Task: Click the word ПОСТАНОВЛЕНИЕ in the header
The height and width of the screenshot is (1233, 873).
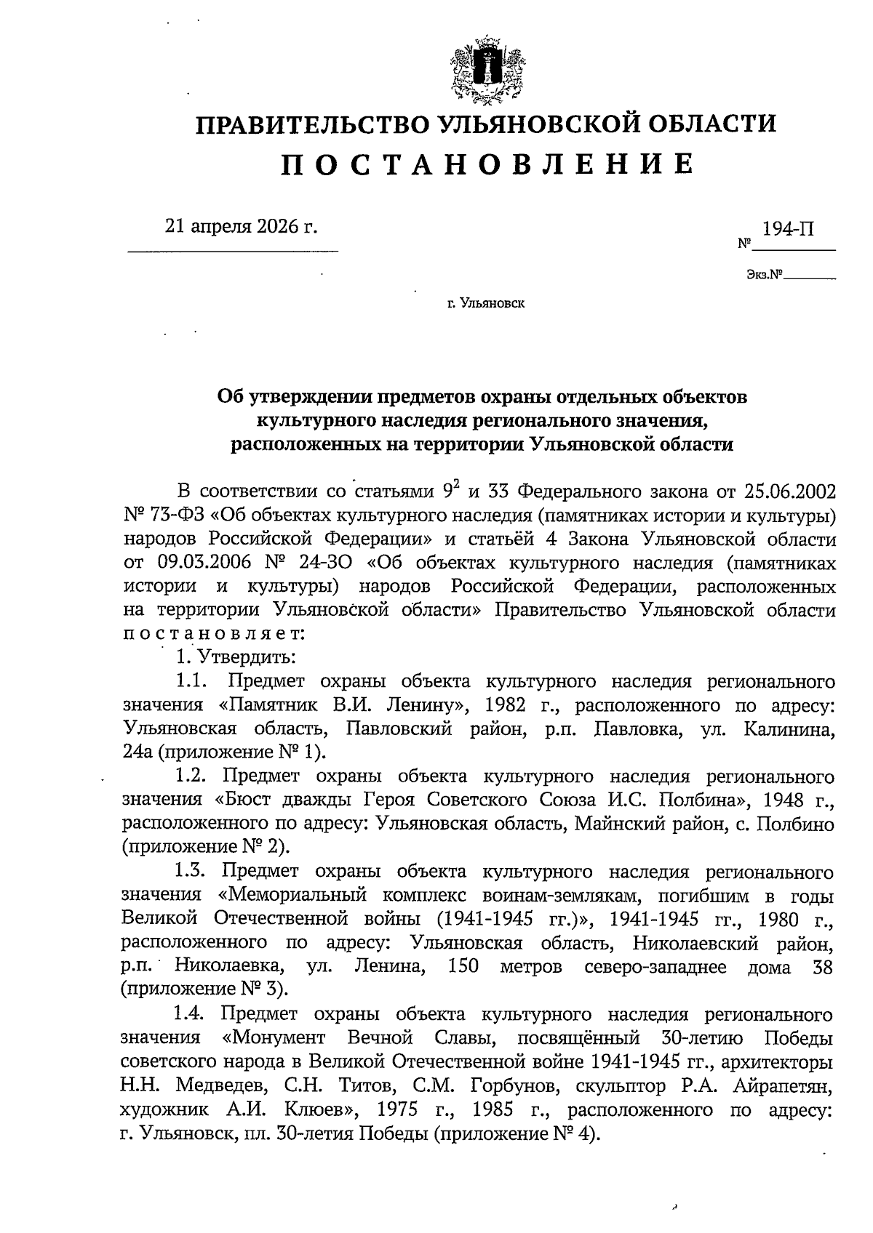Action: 486,164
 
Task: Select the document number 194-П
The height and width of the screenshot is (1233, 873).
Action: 789,229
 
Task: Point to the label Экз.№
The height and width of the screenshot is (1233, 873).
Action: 764,276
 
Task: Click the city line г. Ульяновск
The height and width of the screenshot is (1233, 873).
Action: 486,303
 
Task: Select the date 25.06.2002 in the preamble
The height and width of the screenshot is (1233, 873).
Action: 790,491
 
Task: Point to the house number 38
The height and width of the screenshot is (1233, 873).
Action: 820,968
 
